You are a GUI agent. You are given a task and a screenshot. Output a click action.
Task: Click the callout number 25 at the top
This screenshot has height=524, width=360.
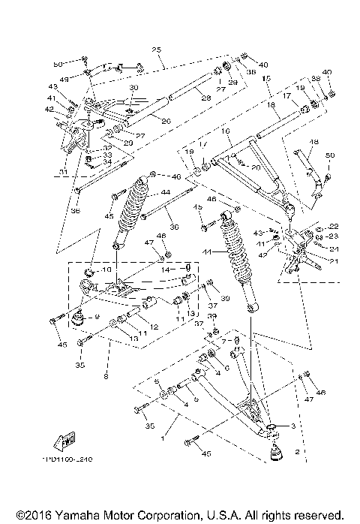pyautogui.click(x=156, y=50)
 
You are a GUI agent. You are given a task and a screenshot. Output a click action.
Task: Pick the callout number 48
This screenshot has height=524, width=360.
pyautogui.click(x=314, y=142)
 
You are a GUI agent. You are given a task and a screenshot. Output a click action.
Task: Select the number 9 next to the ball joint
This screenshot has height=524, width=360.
pyautogui.click(x=96, y=317)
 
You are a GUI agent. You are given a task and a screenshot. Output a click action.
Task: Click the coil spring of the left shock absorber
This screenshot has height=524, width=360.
pyautogui.click(x=136, y=204)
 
